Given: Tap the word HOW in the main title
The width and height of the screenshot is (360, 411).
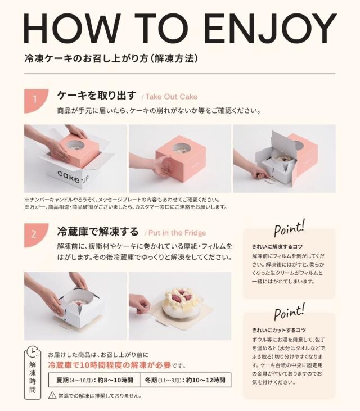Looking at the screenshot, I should [x=76, y=28].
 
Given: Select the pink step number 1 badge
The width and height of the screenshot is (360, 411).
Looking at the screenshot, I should [x=35, y=100].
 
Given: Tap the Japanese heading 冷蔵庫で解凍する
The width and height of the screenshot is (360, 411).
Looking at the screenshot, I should [x=97, y=232].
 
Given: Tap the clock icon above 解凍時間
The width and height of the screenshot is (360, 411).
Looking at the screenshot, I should [x=34, y=351].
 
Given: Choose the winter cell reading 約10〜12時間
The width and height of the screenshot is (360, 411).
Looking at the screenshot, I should [x=185, y=380].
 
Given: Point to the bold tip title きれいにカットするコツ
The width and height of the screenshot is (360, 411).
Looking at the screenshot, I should [x=278, y=330].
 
